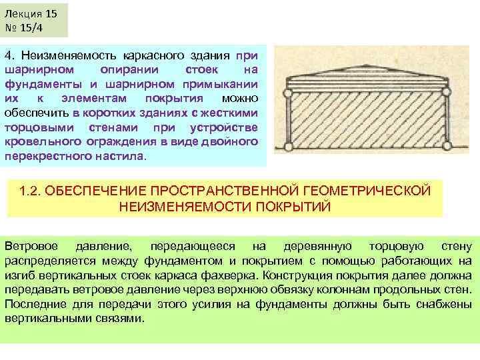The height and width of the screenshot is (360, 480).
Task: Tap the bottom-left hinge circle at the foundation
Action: coord(289,147)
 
